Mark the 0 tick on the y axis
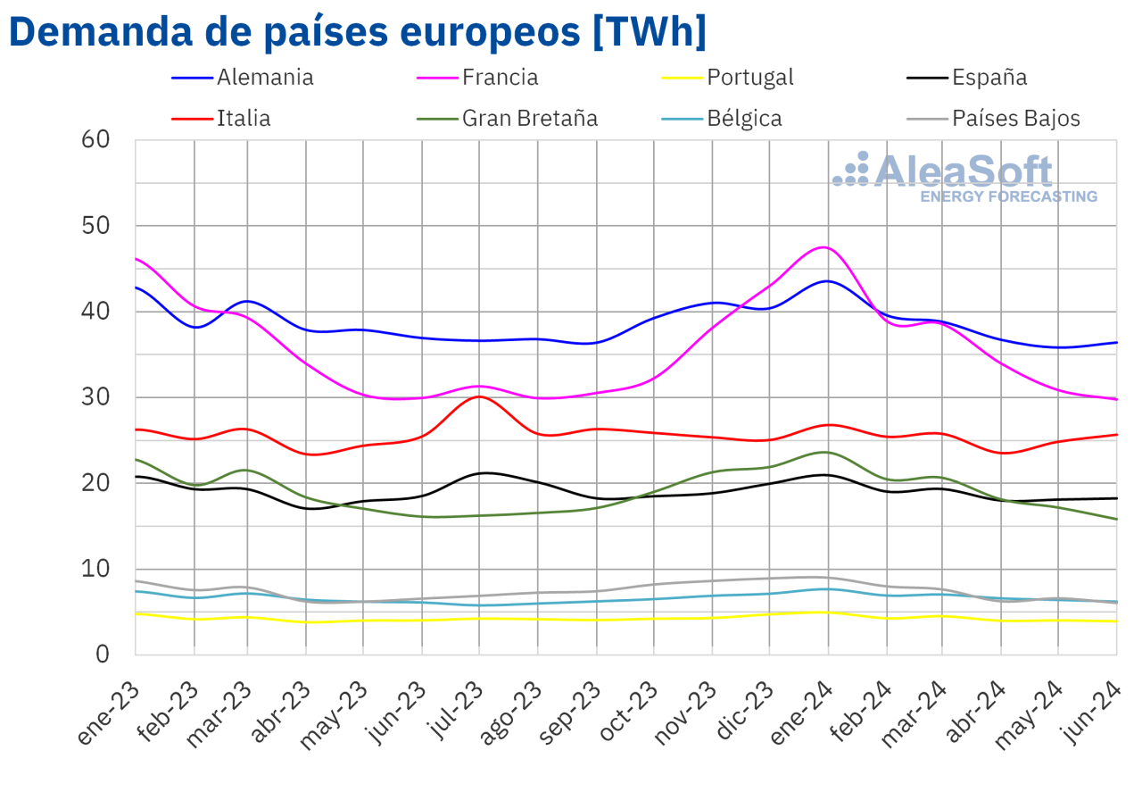102,654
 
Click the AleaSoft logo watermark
964,176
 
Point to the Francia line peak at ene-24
825,247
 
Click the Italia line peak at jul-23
479,396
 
